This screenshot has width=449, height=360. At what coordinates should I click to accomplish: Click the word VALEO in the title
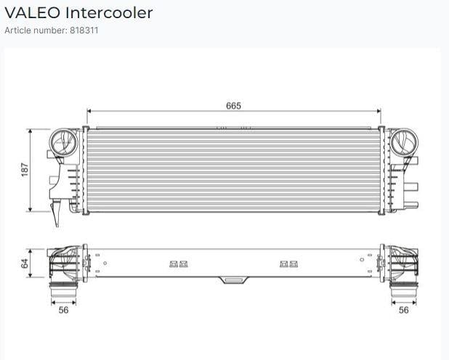[33, 13]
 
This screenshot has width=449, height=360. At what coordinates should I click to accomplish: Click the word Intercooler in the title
[109, 13]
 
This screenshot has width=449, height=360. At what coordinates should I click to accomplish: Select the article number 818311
[84, 30]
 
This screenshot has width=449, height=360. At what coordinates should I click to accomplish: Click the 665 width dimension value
[233, 105]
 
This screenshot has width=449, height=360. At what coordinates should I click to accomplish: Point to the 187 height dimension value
[25, 170]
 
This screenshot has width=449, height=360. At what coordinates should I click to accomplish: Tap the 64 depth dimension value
[25, 263]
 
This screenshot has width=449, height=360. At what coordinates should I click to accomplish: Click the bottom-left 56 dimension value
[63, 310]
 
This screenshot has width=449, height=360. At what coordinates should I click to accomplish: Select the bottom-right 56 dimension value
[403, 310]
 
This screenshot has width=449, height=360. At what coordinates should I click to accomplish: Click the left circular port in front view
[63, 142]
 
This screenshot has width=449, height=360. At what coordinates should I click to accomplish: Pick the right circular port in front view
[404, 142]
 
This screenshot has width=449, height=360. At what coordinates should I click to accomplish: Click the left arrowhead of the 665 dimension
[89, 111]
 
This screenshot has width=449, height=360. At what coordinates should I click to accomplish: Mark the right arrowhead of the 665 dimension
[379, 111]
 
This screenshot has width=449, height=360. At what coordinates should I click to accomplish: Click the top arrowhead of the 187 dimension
[31, 131]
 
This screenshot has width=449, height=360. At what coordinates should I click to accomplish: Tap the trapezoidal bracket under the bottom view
[233, 280]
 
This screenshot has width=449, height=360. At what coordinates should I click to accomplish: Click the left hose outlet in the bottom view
[63, 290]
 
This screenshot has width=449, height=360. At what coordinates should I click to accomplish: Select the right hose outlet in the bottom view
[404, 290]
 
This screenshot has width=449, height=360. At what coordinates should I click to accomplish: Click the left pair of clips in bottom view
[179, 264]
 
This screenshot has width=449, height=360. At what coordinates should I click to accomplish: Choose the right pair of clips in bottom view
[288, 264]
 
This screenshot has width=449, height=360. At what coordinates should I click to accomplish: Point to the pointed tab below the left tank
[55, 213]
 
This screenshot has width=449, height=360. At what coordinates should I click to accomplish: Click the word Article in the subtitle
[17, 30]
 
